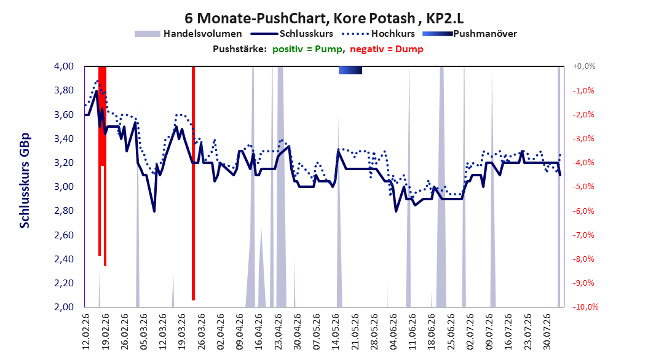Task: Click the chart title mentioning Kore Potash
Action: pyautogui.click(x=324, y=18)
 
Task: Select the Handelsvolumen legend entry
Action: pyautogui.click(x=188, y=34)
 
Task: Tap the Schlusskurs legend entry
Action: pyautogui.click(x=292, y=34)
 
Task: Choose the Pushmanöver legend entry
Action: pyautogui.click(x=470, y=34)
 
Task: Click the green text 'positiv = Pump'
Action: pyautogui.click(x=307, y=49)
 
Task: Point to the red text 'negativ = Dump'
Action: pyautogui.click(x=387, y=49)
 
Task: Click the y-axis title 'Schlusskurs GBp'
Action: pyautogui.click(x=25, y=181)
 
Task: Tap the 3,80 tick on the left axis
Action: pyautogui.click(x=64, y=90)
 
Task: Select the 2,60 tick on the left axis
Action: pyautogui.click(x=64, y=235)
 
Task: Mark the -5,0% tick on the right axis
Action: pyautogui.click(x=583, y=187)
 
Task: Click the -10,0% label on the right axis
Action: pyautogui.click(x=585, y=307)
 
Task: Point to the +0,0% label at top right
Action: pyautogui.click(x=584, y=66)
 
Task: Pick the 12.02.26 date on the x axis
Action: pyautogui.click(x=86, y=332)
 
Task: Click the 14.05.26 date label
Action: pyautogui.click(x=336, y=332)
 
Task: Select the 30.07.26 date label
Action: pyautogui.click(x=547, y=332)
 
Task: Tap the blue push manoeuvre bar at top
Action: pyautogui.click(x=350, y=70)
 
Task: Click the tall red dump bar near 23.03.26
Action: pyautogui.click(x=193, y=183)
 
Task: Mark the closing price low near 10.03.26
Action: pyautogui.click(x=154, y=211)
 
